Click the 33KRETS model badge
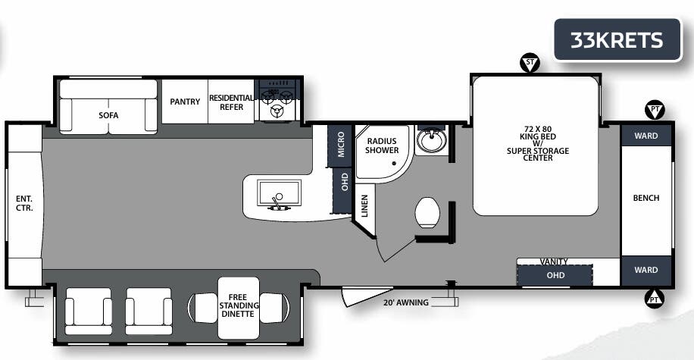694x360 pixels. pyautogui.click(x=616, y=39)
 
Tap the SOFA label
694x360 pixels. pyautogui.click(x=108, y=115)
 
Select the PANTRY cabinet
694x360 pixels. pyautogui.click(x=184, y=102)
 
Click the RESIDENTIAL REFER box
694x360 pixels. pyautogui.click(x=231, y=102)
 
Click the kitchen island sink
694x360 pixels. pyautogui.click(x=279, y=193)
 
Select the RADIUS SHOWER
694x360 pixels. pyautogui.click(x=383, y=146)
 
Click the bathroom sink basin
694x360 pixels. pyautogui.click(x=431, y=140)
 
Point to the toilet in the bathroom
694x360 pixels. pyautogui.click(x=427, y=212)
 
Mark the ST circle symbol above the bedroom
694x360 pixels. pyautogui.click(x=529, y=63)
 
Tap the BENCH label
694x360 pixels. pyautogui.click(x=646, y=199)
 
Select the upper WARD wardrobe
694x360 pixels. pyautogui.click(x=646, y=136)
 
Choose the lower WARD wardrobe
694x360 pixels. pyautogui.click(x=646, y=270)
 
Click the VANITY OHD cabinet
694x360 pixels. pyautogui.click(x=555, y=274)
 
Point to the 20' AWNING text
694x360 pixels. pyautogui.click(x=406, y=302)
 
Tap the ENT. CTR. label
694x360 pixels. pyautogui.click(x=24, y=203)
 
